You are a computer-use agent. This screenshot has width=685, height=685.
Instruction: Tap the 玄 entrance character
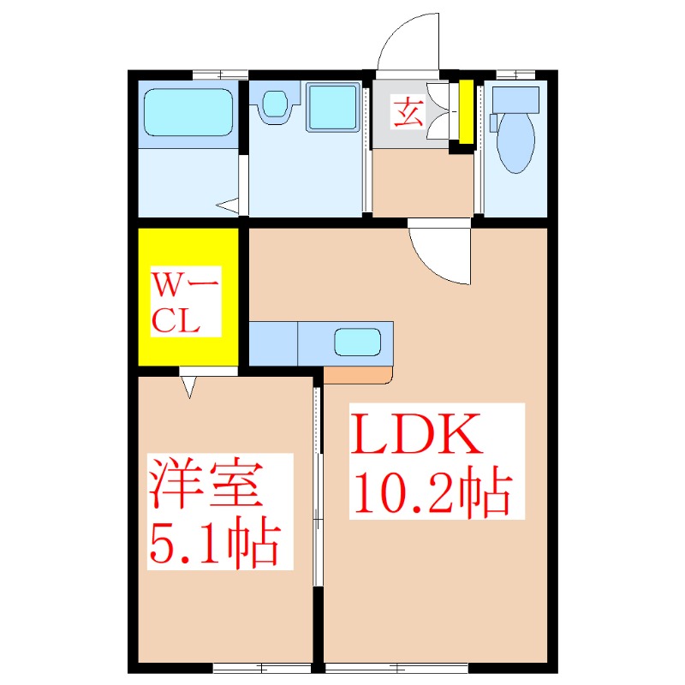(408, 112)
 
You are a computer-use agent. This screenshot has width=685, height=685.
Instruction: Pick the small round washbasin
(275, 104)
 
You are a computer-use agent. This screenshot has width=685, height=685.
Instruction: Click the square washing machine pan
(331, 109)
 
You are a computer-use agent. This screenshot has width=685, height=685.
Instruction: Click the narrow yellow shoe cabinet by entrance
(467, 111)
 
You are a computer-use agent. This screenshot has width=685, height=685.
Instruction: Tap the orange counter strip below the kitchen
(358, 375)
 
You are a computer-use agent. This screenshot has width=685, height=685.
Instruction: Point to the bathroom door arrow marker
(227, 205)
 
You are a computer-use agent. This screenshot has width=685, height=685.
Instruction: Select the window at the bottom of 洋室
(261, 666)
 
